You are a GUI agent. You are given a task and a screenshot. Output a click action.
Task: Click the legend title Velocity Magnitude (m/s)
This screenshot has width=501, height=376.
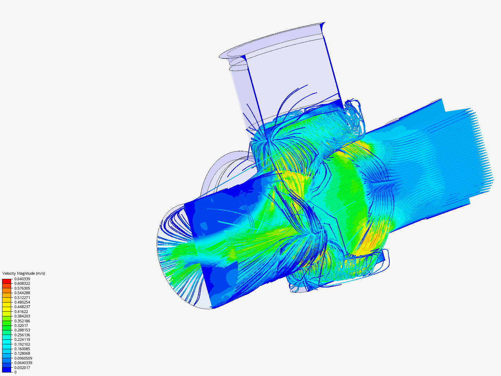tap(24, 273)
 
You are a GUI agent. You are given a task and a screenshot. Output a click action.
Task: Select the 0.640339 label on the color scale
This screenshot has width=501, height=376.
tap(22, 279)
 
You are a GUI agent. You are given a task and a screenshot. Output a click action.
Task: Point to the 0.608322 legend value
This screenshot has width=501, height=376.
tap(22, 283)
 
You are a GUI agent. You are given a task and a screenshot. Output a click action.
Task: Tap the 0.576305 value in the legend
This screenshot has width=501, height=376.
tap(22, 288)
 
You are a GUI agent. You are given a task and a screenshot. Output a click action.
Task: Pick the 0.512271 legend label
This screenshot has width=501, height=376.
tap(22, 298)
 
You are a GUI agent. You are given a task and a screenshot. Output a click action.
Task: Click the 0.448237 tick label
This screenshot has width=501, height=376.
tap(22, 307)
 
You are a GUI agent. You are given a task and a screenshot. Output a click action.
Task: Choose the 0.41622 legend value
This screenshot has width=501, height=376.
tap(21, 312)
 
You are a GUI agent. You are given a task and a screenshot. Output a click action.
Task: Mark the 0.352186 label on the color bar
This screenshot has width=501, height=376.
tap(22, 321)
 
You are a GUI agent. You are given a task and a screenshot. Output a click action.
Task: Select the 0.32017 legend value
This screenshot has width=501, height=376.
tap(21, 326)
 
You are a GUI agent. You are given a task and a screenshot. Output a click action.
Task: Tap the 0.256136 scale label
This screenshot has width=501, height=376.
tap(22, 335)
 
